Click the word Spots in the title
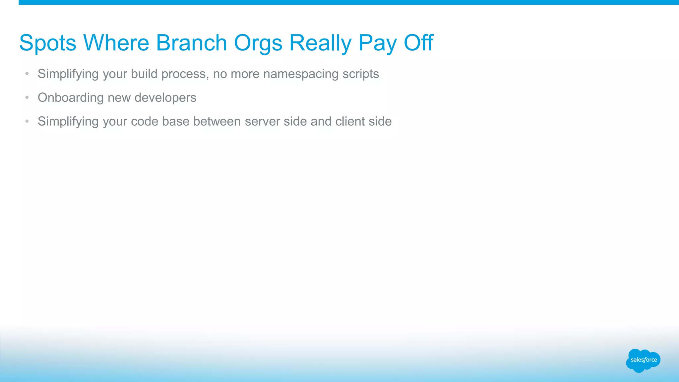pyautogui.click(x=48, y=43)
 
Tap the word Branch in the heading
pyautogui.click(x=191, y=43)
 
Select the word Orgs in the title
pyautogui.click(x=258, y=43)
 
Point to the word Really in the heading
pyautogui.click(x=320, y=43)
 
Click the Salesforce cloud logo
pyautogui.click(x=643, y=360)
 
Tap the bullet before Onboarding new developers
pyautogui.click(x=27, y=97)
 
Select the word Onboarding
pyautogui.click(x=71, y=98)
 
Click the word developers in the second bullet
pyautogui.click(x=165, y=98)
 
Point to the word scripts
pyautogui.click(x=361, y=74)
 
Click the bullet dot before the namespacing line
pyautogui.click(x=27, y=74)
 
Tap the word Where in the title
pyautogui.click(x=116, y=43)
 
